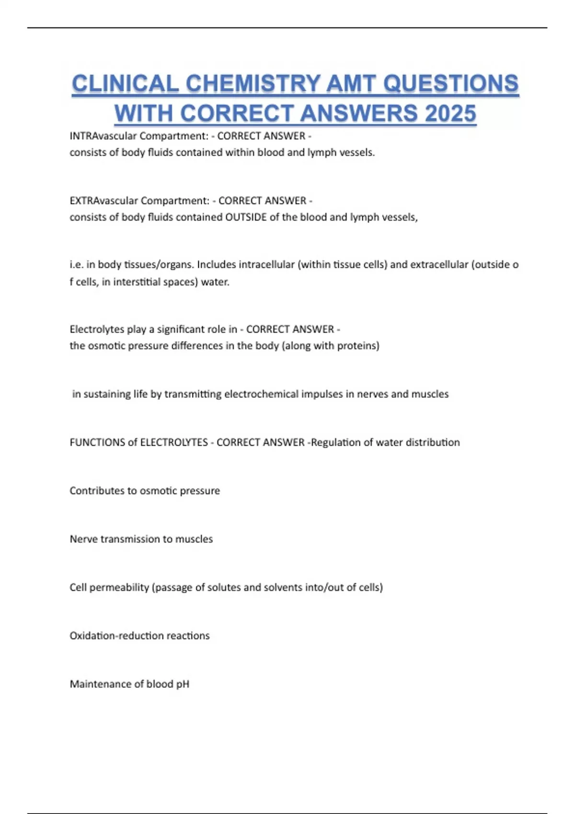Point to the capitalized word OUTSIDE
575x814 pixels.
[246, 217]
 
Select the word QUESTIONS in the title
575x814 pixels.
[451, 84]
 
